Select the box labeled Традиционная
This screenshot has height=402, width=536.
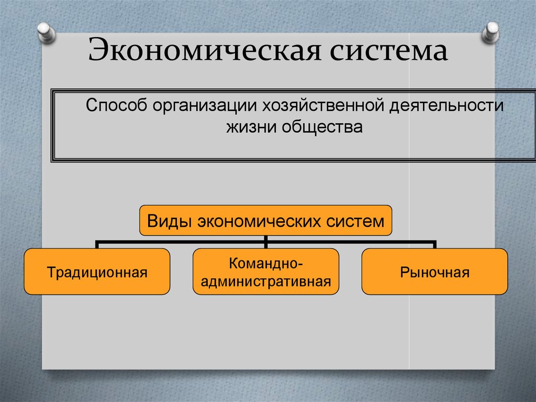(97, 272)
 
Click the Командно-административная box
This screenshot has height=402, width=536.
(266, 272)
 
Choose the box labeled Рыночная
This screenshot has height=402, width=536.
(434, 272)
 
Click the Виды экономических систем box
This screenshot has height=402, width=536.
(265, 221)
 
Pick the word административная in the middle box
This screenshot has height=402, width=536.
(266, 281)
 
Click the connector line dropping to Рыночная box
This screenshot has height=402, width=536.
(434, 245)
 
